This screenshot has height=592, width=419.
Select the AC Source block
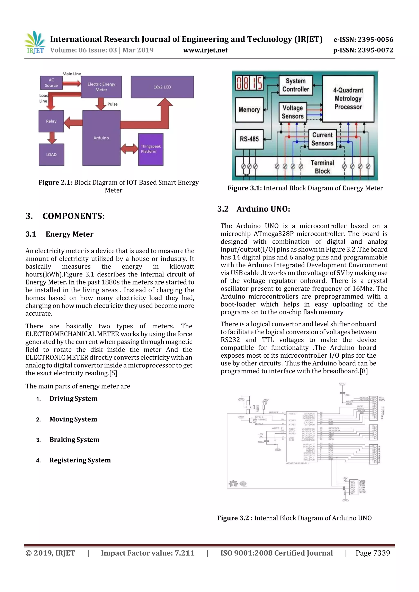pos(51,83)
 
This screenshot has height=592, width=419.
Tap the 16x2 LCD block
pos(162,87)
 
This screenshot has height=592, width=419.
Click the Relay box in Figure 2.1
pos(51,121)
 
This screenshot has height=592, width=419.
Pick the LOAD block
pos(51,154)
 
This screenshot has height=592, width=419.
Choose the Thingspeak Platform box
pos(151,149)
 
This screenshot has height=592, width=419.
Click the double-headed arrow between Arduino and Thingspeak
pos(129,149)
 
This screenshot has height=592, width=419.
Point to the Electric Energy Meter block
pos(101,87)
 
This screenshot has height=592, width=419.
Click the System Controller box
pos(296,85)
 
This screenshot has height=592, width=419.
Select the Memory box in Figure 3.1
pos(249,110)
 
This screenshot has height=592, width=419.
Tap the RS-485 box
pos(249,139)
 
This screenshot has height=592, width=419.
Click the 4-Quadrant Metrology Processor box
pos(348,98)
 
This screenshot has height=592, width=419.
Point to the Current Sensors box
pos(322,139)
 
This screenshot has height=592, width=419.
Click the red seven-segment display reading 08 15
pos(249,83)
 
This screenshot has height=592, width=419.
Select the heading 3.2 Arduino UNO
pos(253,209)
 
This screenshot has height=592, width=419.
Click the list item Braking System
pos(74,440)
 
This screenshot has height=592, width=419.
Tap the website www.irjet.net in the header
pos(205,50)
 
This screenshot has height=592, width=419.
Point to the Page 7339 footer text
pos(373,553)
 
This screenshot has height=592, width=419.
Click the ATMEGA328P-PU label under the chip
pos(297,463)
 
